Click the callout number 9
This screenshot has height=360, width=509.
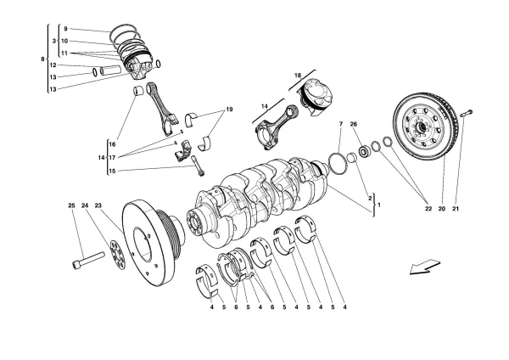pyautogui.click(x=64, y=30)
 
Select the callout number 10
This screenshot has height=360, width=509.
pyautogui.click(x=64, y=42)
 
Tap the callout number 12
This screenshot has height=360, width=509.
pyautogui.click(x=53, y=65)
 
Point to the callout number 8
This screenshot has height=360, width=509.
pyautogui.click(x=42, y=59)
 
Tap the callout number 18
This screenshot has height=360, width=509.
pyautogui.click(x=298, y=76)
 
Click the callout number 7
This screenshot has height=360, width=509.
pyautogui.click(x=340, y=126)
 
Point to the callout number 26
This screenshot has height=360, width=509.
pyautogui.click(x=355, y=126)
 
